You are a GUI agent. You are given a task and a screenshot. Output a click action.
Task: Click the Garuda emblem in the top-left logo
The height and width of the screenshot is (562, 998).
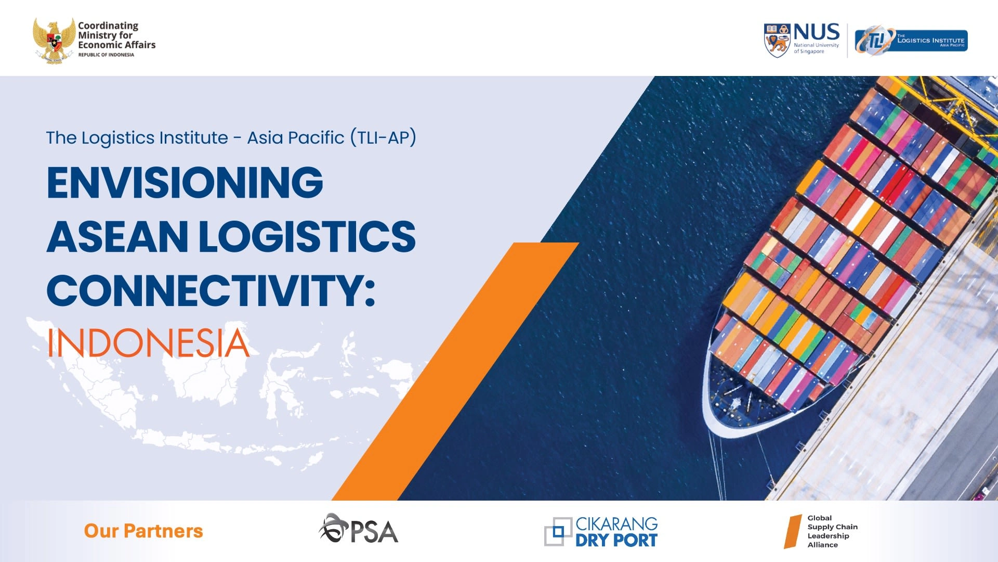[x=54, y=41]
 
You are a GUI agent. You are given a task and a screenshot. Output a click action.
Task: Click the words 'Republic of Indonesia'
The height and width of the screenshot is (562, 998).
[x=106, y=55]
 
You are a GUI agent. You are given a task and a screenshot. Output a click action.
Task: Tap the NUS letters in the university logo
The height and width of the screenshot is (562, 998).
[x=816, y=32]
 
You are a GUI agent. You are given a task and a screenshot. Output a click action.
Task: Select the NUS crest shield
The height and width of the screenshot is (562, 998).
[x=777, y=40]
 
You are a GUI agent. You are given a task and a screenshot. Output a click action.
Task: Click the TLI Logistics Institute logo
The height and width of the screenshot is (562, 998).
[x=911, y=41]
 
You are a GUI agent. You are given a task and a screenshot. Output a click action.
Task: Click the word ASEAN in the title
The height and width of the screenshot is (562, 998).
[x=117, y=236]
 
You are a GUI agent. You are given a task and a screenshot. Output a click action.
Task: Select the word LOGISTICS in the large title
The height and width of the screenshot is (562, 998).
[x=307, y=236]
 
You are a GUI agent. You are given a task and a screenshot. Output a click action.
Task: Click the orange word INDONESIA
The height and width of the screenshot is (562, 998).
[x=148, y=343]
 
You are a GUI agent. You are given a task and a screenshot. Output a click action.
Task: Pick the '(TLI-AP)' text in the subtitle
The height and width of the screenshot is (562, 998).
[x=383, y=138]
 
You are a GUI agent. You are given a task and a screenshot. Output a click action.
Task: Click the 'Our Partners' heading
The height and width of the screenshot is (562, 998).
[x=143, y=531]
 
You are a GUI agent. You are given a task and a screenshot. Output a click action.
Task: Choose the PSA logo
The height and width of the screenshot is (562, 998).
[x=359, y=529]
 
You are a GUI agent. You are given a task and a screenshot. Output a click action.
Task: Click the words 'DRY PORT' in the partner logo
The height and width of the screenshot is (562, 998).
[x=616, y=541]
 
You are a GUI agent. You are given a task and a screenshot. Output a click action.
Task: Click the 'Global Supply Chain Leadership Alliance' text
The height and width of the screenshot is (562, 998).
[x=832, y=531]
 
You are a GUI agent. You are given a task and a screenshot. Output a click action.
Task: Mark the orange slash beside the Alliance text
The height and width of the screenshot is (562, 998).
[x=793, y=531]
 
